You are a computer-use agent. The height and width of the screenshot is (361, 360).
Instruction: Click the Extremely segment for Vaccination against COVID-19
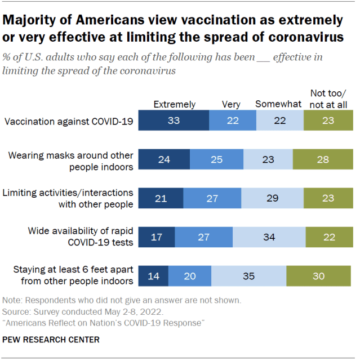[x=174, y=121]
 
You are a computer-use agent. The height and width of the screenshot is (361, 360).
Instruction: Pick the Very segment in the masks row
[x=216, y=159]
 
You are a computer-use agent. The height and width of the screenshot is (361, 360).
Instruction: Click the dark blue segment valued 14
[x=153, y=276]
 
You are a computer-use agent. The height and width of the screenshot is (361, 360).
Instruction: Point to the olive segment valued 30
[x=318, y=276]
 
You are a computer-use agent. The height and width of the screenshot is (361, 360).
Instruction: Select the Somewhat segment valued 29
[x=272, y=198]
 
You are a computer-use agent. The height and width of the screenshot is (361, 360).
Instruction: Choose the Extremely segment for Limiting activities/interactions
[x=161, y=198]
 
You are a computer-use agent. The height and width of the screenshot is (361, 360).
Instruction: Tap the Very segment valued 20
[x=190, y=276]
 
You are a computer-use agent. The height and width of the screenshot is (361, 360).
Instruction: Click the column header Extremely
[x=175, y=104]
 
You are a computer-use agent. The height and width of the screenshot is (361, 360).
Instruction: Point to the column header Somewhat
[x=278, y=104]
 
